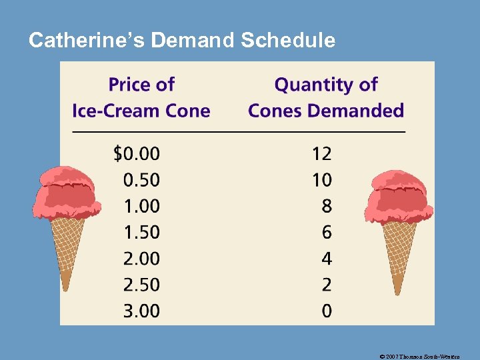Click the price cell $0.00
[x=137, y=154]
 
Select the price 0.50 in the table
[x=141, y=180]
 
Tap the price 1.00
[x=141, y=206]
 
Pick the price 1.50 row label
[x=141, y=232]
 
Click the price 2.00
[x=141, y=259]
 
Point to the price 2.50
[x=141, y=285]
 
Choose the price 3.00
[x=141, y=311]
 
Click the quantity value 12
[x=321, y=154]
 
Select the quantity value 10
[x=321, y=180]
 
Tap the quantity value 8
[x=326, y=206]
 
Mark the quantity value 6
[x=326, y=232]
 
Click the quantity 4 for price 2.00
[x=326, y=259]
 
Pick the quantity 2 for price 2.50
[x=326, y=285]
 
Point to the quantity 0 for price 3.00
[x=326, y=311]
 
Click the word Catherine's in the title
[x=87, y=41]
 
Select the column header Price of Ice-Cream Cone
[x=141, y=97]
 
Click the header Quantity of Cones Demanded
[x=326, y=97]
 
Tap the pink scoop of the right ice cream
[x=399, y=193]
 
